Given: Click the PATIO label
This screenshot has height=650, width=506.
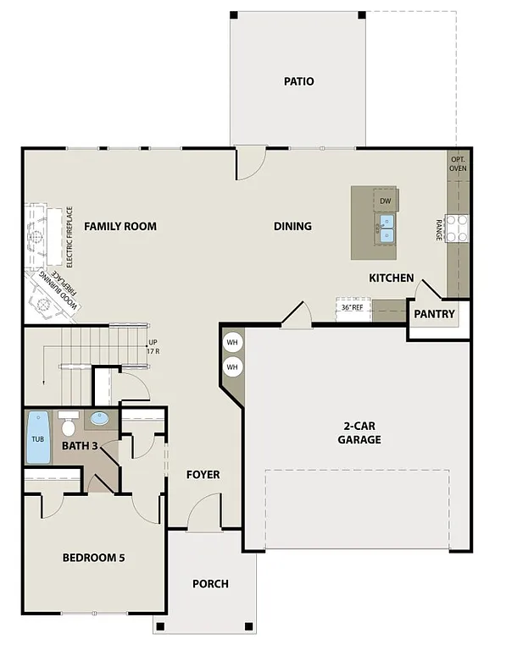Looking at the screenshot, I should click(x=298, y=82).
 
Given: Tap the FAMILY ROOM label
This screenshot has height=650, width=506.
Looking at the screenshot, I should click(x=120, y=226).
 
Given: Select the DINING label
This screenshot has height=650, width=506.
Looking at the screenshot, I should click(x=292, y=226).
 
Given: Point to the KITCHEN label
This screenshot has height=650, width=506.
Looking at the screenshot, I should click(x=391, y=278).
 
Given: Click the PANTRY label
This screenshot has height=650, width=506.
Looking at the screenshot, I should click(x=434, y=314).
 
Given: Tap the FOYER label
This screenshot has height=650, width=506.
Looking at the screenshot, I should click(x=203, y=475).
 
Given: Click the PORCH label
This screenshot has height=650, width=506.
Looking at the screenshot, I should click(x=209, y=584).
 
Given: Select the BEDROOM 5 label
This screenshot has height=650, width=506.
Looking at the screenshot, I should click(x=93, y=558).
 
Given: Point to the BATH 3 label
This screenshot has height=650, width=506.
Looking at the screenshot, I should click(x=81, y=444).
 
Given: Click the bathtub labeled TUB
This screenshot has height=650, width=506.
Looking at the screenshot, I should click(x=38, y=438).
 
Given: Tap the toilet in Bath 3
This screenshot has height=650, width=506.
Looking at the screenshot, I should click(x=70, y=419).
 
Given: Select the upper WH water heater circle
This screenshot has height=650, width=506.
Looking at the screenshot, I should click(x=232, y=343).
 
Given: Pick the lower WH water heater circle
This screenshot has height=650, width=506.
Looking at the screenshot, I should click(x=232, y=367).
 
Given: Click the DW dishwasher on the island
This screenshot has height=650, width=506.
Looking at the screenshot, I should click(x=385, y=201).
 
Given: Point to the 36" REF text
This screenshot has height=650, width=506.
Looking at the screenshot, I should click(x=352, y=308).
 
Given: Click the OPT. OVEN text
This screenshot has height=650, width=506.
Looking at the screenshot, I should click(x=458, y=163).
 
